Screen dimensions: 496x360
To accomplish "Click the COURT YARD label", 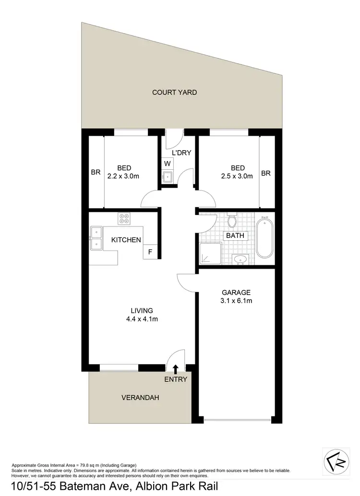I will pyautogui.click(x=174, y=92).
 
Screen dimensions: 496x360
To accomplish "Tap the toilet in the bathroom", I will pyautogui.click(x=232, y=221).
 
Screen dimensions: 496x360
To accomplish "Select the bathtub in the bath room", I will pyautogui.click(x=264, y=238).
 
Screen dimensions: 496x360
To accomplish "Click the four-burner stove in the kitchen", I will pyautogui.click(x=124, y=219).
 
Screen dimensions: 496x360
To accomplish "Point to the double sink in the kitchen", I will pyautogui.click(x=96, y=238).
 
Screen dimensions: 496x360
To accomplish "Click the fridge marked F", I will pyautogui.click(x=150, y=252).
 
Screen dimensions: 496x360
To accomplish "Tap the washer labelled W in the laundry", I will pyautogui.click(x=168, y=163).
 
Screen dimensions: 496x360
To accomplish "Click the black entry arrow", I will pyautogui.click(x=176, y=369).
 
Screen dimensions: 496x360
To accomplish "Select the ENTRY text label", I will pyautogui.click(x=176, y=379).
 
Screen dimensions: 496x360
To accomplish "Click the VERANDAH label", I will pyautogui.click(x=140, y=398).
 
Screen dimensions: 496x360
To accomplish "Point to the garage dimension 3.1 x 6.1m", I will pyautogui.click(x=236, y=301).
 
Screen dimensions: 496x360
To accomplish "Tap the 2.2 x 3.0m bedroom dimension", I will pyautogui.click(x=124, y=176).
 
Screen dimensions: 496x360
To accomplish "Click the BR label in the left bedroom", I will pyautogui.click(x=96, y=173).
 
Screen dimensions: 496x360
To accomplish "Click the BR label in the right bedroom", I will pyautogui.click(x=266, y=173).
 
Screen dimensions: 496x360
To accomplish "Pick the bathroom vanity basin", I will pyautogui.click(x=240, y=260).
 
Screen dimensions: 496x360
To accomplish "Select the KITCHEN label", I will pyautogui.click(x=126, y=240).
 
